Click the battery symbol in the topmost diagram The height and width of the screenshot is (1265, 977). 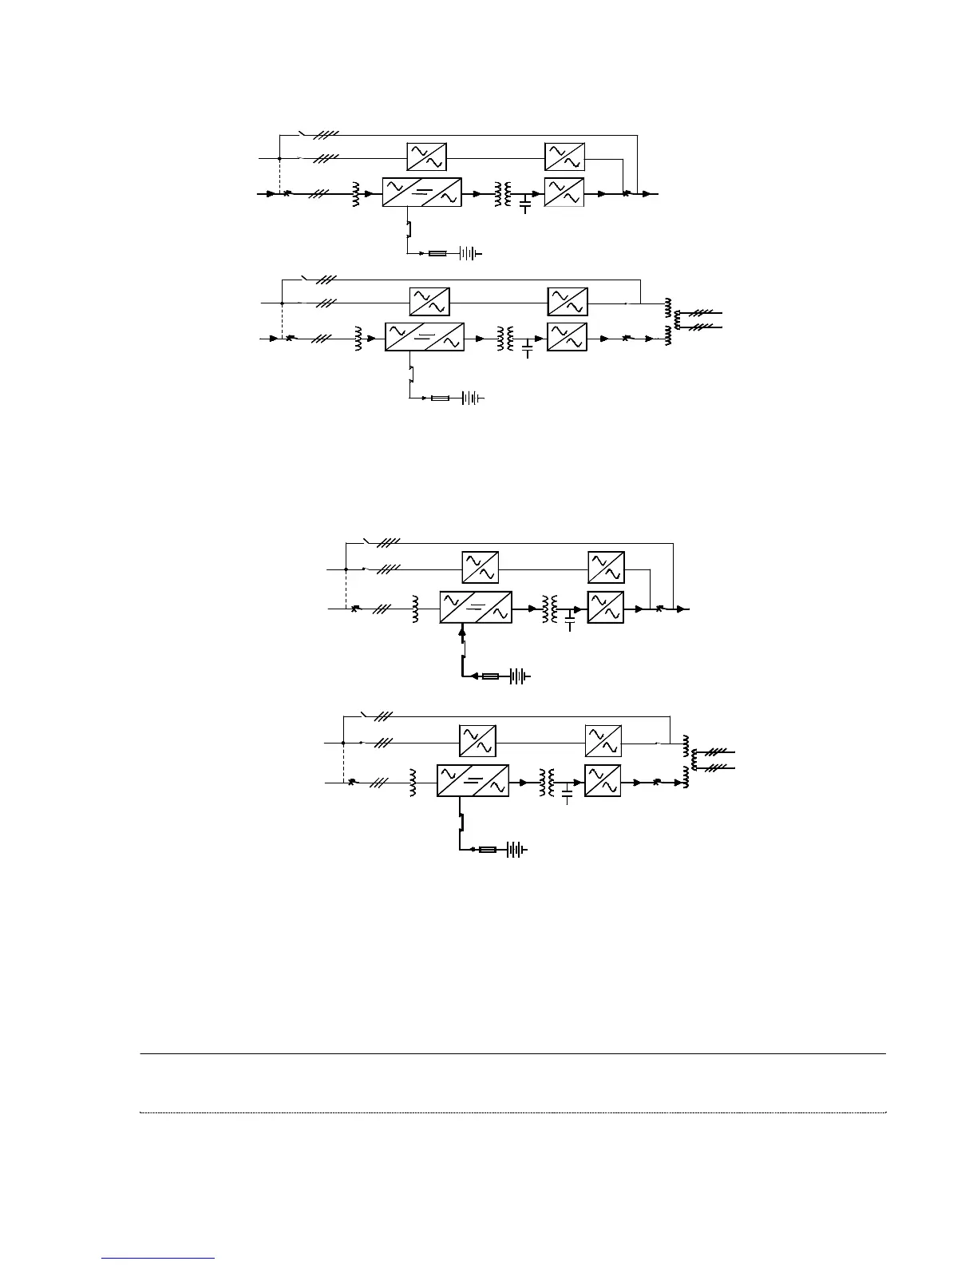click(470, 254)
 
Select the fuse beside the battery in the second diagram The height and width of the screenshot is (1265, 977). click(440, 398)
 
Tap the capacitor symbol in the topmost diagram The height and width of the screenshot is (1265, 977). click(524, 204)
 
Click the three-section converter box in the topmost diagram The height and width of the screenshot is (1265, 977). click(421, 192)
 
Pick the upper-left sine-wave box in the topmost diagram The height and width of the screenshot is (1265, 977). click(426, 157)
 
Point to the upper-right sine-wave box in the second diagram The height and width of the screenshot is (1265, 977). click(568, 301)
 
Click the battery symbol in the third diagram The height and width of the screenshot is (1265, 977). click(519, 676)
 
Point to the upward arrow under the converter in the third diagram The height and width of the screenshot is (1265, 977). click(463, 632)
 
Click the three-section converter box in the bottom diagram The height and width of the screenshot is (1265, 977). click(473, 781)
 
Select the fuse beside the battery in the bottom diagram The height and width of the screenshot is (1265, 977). click(488, 850)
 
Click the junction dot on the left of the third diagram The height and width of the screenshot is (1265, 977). click(345, 569)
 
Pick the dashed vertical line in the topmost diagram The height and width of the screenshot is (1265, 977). click(279, 175)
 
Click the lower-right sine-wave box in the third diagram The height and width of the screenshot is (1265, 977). click(605, 609)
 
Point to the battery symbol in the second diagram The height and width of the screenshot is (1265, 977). click(473, 398)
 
